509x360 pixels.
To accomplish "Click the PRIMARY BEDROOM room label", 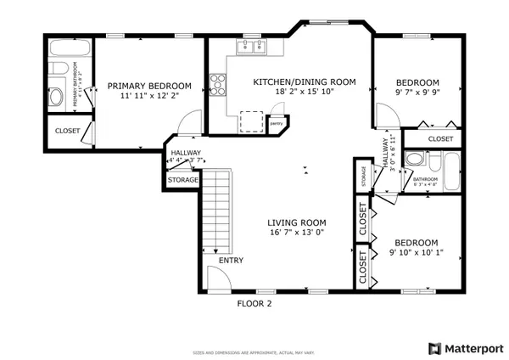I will coord(148,86).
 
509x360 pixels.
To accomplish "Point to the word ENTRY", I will coord(231,260).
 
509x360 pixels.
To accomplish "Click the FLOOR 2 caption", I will coord(254,302).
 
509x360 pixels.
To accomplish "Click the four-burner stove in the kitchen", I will coord(218,84).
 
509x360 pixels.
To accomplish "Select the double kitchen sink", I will coord(251,47).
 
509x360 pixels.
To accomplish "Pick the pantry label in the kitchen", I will coord(276,124).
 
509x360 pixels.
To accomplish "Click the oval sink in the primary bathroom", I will coord(58,98).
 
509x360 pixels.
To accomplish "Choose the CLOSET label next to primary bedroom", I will coord(67,131).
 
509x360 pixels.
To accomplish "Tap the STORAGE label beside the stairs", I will coord(182,180).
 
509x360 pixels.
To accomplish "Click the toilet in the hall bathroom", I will coord(413,159).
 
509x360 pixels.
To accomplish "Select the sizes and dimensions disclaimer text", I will coord(254,351).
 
